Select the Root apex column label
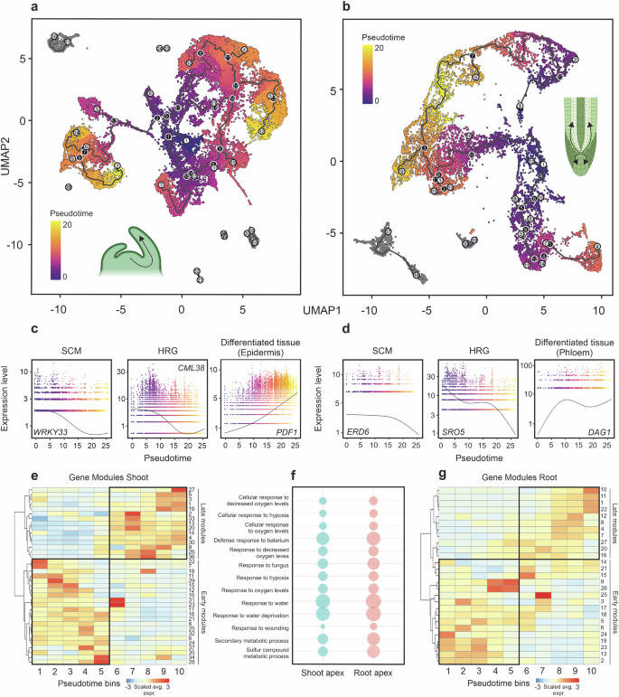coord(373,673)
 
